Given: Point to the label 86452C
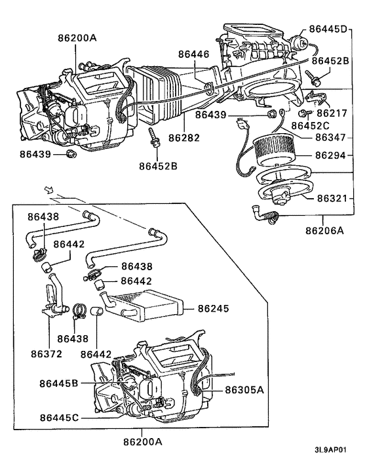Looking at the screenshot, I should [x=311, y=125].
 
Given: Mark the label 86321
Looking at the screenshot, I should [x=334, y=197].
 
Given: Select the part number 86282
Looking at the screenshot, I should [x=185, y=138].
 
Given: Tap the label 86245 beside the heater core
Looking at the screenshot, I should [x=213, y=307].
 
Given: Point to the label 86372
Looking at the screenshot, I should [x=47, y=353].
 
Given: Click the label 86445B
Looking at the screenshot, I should [x=59, y=383].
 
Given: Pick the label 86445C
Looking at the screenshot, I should [x=59, y=417].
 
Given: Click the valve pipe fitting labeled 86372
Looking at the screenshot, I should [x=54, y=298].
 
